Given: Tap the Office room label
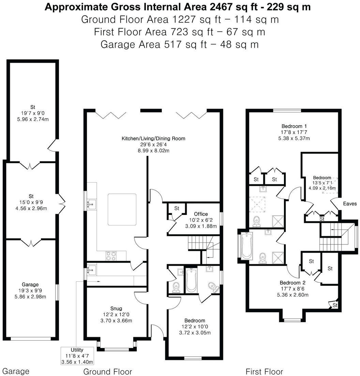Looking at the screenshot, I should [201, 214].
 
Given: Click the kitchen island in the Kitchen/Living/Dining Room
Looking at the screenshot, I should [122, 209].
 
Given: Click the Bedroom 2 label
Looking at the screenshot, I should [292, 283].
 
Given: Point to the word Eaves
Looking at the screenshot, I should [350, 204].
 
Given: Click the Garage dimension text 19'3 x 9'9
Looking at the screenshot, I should [30, 291].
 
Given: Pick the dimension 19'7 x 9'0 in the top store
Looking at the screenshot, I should [32, 113].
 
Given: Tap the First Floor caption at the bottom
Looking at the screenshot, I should [264, 371].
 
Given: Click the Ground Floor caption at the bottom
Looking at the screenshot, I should [107, 371].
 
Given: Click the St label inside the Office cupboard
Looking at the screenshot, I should [177, 208].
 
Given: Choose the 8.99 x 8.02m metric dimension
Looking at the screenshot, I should [153, 151].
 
